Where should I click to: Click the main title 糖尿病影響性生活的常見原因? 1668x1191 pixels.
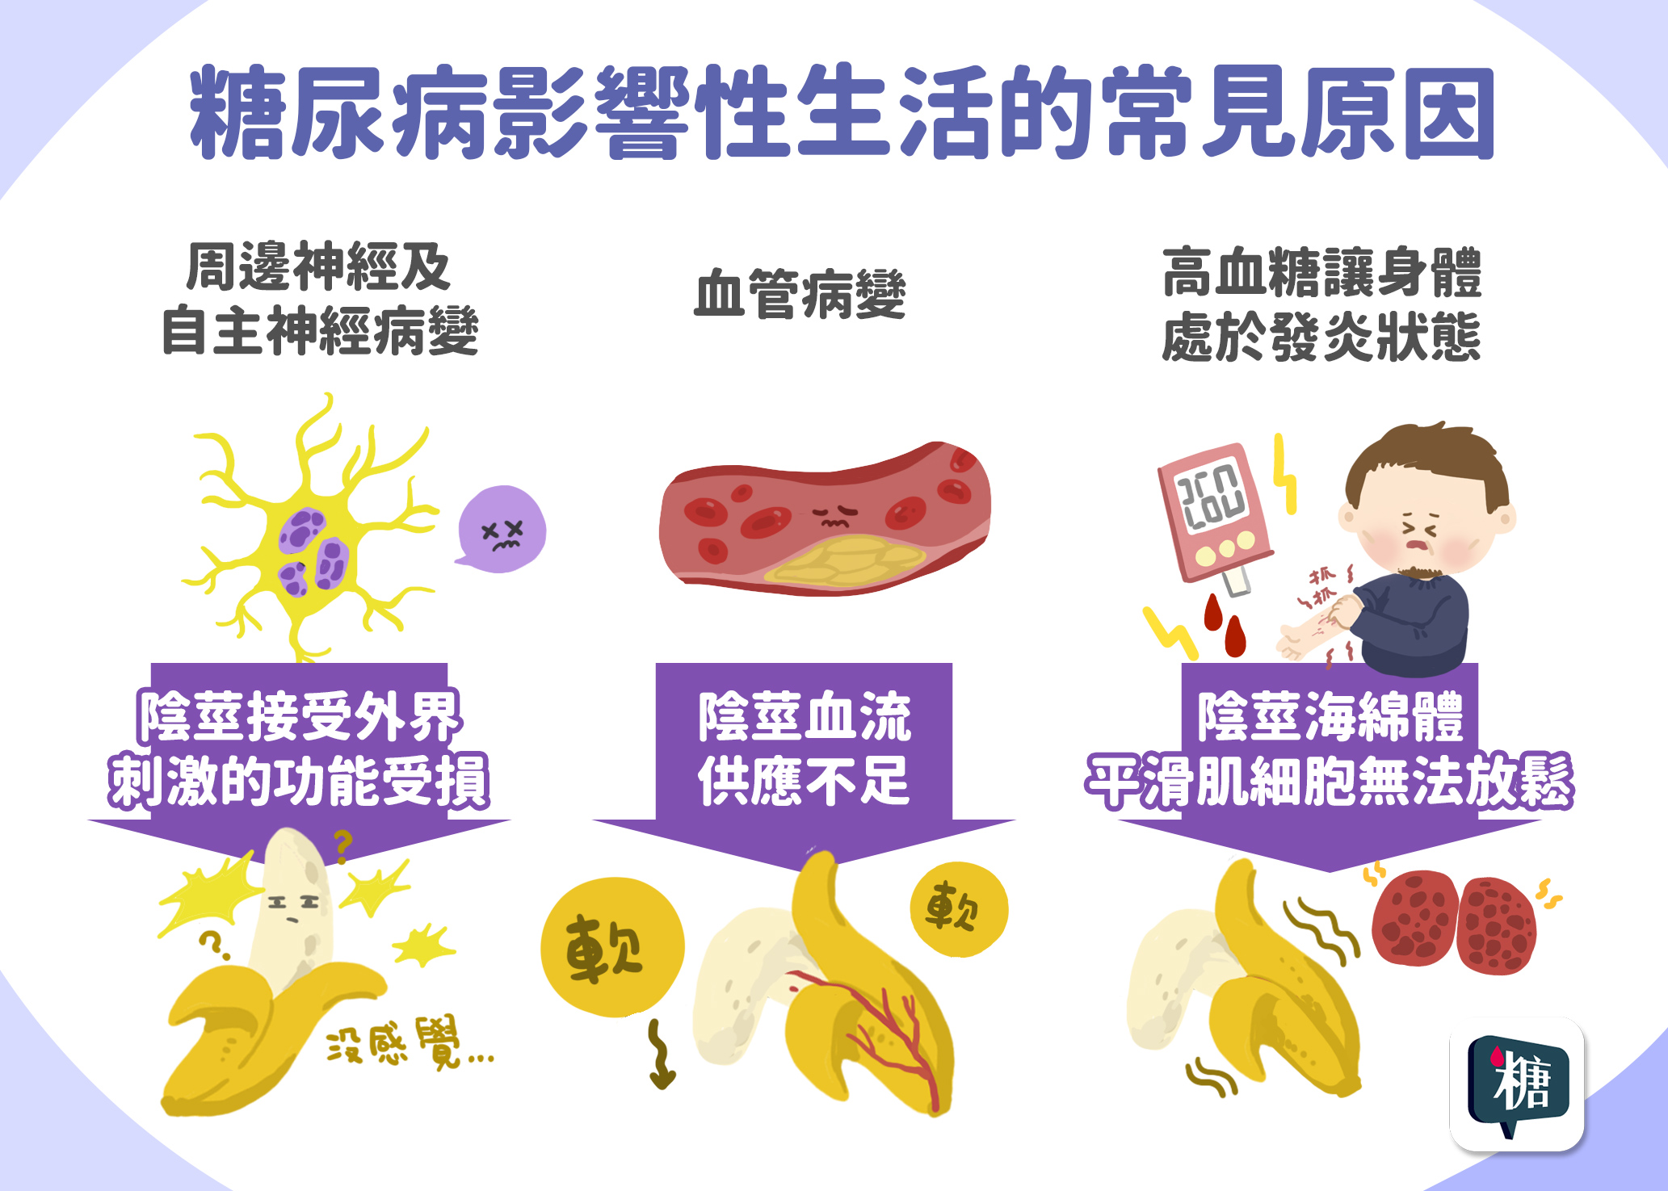click(x=840, y=113)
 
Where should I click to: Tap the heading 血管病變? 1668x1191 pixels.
click(x=800, y=295)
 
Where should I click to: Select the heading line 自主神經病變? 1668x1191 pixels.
click(x=320, y=332)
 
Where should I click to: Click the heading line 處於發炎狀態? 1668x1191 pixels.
click(x=1321, y=337)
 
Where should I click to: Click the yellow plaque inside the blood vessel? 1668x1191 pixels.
click(x=845, y=560)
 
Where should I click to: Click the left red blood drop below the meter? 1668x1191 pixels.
click(x=1212, y=614)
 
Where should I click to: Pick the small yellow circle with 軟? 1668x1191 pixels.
click(x=959, y=909)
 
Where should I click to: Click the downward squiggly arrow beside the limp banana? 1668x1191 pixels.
click(x=662, y=1055)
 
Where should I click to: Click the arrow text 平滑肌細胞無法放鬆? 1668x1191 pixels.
click(x=1329, y=782)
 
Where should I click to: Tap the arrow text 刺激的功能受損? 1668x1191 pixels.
click(x=299, y=782)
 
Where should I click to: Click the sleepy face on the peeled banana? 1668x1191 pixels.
click(x=292, y=902)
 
